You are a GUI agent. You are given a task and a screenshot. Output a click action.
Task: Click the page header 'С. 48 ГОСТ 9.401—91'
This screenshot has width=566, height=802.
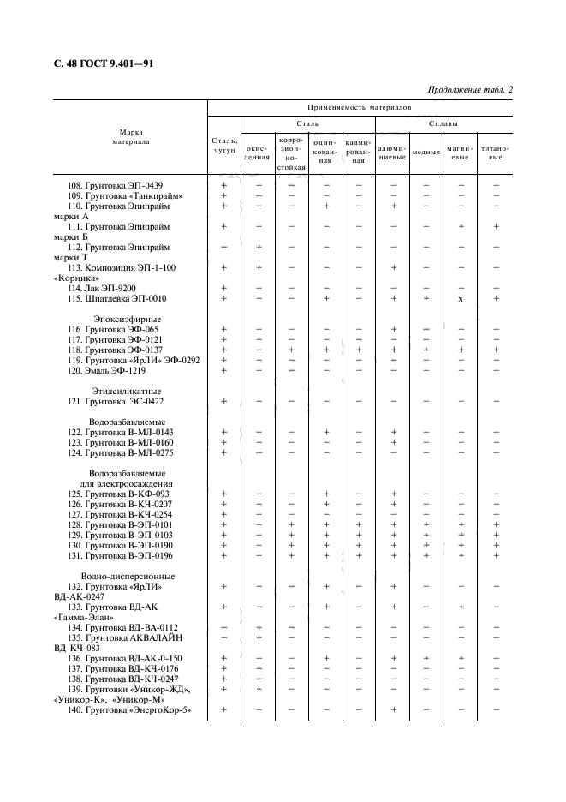(x=98, y=64)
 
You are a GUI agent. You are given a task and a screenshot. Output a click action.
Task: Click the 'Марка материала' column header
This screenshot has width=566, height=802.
(x=131, y=137)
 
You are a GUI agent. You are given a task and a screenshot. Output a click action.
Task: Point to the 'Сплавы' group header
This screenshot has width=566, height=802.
(x=444, y=123)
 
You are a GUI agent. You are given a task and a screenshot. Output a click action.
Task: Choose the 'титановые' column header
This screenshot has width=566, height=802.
(x=495, y=152)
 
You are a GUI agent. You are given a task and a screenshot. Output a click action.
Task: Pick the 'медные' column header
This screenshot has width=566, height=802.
(x=426, y=153)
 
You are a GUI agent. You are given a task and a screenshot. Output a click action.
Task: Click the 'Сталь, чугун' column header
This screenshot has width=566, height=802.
(x=224, y=145)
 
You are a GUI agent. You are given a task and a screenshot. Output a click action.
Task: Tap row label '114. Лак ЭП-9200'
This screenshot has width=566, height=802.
(x=106, y=288)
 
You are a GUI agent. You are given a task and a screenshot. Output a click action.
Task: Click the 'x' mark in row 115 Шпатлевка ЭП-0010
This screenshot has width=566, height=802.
(x=461, y=299)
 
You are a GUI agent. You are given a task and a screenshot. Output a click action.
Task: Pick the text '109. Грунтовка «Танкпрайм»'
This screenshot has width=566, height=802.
(x=125, y=195)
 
